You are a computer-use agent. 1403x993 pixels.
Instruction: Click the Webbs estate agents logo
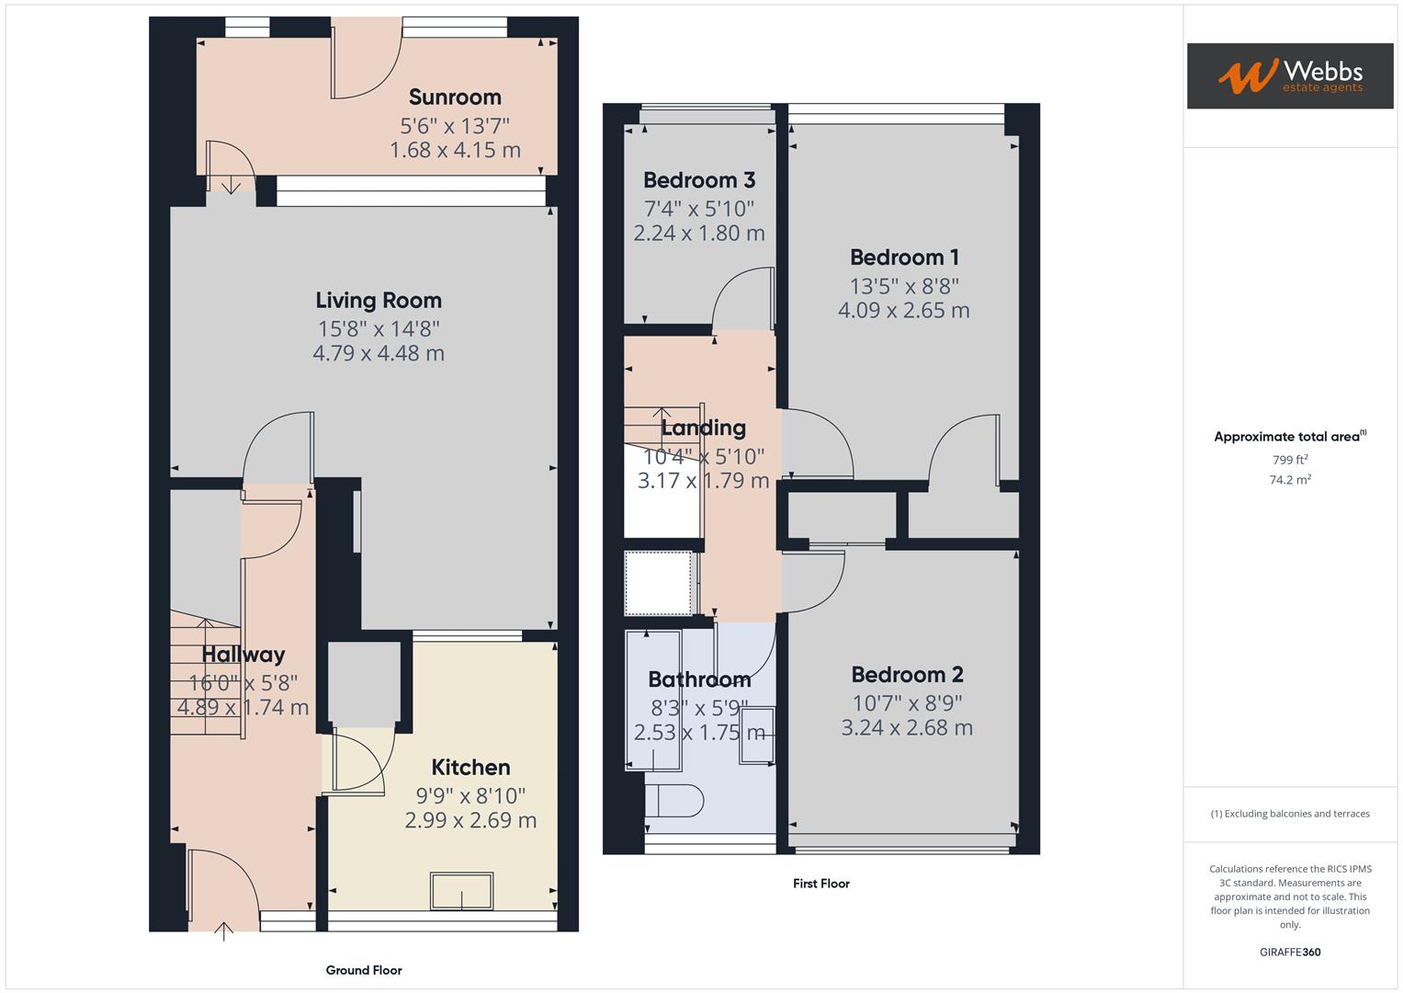1289,75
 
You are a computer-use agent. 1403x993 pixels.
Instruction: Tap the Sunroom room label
455,97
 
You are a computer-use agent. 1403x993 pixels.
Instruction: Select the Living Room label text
379,300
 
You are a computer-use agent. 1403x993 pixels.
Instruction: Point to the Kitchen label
470,767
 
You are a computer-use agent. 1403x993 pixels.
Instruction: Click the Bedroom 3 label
698,180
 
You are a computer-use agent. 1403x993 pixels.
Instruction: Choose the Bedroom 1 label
903,257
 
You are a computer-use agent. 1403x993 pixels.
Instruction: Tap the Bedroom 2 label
907,675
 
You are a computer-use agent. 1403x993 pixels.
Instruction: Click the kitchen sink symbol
462,891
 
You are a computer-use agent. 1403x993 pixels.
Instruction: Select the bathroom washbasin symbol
757,736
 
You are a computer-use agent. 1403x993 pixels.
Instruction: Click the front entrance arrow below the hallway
223,931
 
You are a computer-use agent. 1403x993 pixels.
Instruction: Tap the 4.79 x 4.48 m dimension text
379,353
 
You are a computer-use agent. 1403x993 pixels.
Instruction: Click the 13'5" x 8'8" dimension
903,286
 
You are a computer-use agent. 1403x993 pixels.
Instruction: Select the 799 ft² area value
1290,460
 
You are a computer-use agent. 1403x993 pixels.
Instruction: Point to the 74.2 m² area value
1290,479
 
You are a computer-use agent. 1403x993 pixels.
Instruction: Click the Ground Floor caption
364,970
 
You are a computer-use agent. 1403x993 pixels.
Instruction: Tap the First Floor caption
821,884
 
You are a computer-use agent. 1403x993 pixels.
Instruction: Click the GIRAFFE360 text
1290,952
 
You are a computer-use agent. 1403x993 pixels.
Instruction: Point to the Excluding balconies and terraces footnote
1290,814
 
